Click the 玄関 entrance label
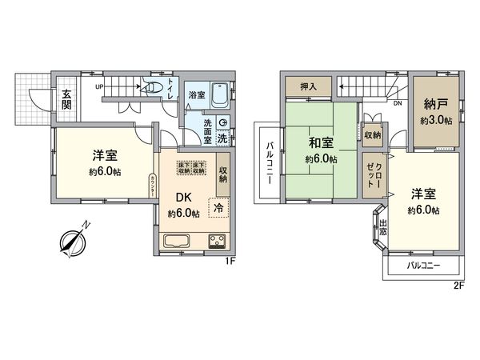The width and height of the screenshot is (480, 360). [x=66, y=98]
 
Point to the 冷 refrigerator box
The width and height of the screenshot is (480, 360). [x=218, y=207]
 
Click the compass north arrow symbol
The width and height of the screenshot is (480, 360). [x=72, y=240]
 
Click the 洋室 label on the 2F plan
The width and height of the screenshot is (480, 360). [x=423, y=194]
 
